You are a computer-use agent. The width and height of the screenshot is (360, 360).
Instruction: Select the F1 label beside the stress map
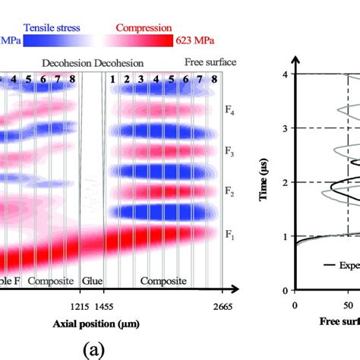229,236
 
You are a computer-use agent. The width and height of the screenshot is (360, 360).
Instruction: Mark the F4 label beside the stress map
229,114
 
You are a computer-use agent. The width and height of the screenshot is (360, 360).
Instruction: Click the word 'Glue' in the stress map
92,281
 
